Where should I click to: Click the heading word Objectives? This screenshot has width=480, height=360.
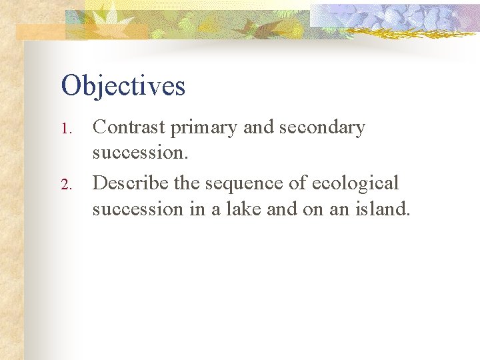click(x=123, y=86)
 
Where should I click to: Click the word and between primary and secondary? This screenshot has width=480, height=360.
click(x=258, y=127)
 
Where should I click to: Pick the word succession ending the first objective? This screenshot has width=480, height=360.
click(x=139, y=154)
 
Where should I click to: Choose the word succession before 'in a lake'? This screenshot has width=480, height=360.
click(x=137, y=209)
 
